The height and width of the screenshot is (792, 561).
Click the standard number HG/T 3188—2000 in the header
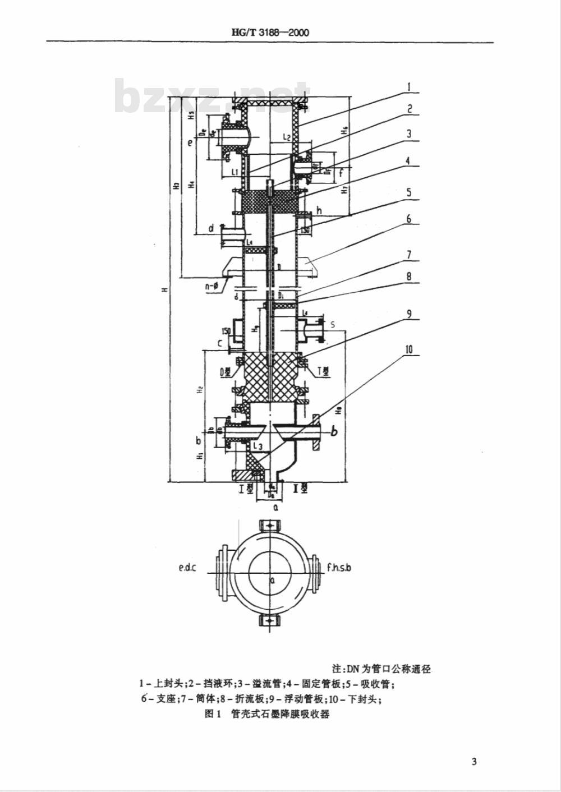(270, 32)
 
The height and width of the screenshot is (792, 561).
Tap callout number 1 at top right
(410, 87)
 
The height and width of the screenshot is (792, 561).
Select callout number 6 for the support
(410, 218)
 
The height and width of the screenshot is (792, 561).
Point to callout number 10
(409, 350)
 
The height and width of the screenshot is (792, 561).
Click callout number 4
(409, 161)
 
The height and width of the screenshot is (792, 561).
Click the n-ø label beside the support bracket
(213, 287)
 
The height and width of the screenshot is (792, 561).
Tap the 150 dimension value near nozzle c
(226, 331)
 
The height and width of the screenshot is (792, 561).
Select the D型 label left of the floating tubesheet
(227, 371)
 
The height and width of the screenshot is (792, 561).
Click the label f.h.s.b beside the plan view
(339, 568)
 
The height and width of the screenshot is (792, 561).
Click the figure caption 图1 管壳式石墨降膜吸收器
(268, 715)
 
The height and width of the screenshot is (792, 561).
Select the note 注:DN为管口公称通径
(381, 669)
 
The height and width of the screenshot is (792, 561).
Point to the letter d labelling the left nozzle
(211, 228)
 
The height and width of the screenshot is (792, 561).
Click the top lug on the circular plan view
(270, 526)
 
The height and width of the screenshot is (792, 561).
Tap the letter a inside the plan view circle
(272, 581)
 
